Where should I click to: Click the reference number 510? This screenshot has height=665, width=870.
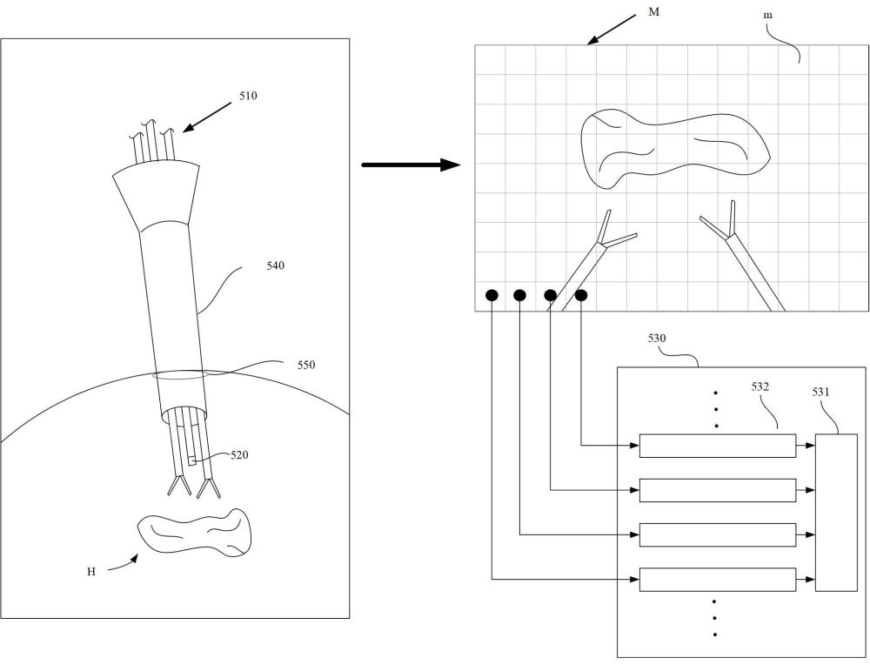[x=248, y=96]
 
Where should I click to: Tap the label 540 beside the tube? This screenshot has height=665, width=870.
[x=275, y=265]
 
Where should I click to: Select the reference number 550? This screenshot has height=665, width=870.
[x=305, y=365]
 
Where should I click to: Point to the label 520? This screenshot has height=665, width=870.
[x=239, y=455]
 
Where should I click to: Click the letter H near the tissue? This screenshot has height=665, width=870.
[x=91, y=572]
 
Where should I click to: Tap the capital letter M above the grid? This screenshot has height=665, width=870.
[x=654, y=11]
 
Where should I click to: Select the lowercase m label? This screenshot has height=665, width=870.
[x=768, y=15]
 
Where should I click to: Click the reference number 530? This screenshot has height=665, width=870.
[x=657, y=338]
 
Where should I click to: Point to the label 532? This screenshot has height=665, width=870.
[x=760, y=386]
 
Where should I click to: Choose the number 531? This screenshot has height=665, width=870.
[x=820, y=392]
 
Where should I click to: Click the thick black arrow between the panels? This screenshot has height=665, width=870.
[x=412, y=165]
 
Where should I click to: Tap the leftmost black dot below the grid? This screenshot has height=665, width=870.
[x=492, y=295]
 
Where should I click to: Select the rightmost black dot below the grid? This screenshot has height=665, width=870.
[x=581, y=295]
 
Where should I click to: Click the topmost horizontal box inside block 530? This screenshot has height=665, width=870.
[x=718, y=446]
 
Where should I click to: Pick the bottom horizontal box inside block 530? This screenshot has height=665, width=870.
[x=718, y=580]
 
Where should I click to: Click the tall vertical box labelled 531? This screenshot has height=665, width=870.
[x=836, y=513]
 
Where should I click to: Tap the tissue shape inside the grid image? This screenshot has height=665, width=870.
[x=674, y=147]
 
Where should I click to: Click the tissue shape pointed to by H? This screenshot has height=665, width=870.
[x=194, y=531]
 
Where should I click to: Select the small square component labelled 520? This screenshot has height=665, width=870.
[x=191, y=461]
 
